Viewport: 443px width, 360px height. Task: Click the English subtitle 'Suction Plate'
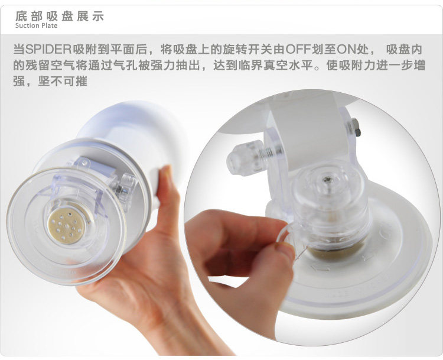coord(36,25)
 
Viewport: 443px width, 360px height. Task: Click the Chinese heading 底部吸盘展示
coord(60,16)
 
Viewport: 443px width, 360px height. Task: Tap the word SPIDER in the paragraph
coord(48,50)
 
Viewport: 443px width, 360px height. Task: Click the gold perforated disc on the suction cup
coord(67,225)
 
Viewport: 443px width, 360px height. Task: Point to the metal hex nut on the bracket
coord(354,127)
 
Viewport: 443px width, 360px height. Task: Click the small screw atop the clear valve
coord(327,179)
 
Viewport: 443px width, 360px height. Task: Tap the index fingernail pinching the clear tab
coord(285,249)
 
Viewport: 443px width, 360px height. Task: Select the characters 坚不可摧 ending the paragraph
coord(63,82)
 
